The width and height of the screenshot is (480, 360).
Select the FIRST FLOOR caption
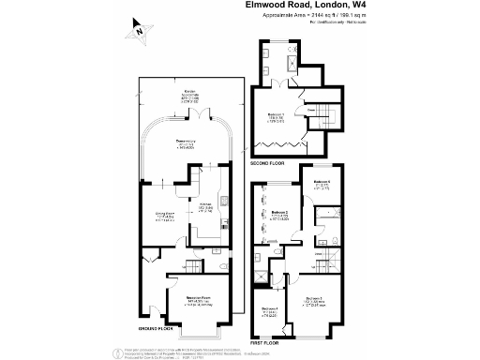click(265, 331)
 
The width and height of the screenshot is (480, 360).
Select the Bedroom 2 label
click(280, 214)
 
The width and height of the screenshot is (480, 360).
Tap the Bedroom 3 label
click(315, 299)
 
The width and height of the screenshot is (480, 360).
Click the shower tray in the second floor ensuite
click(292, 63)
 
